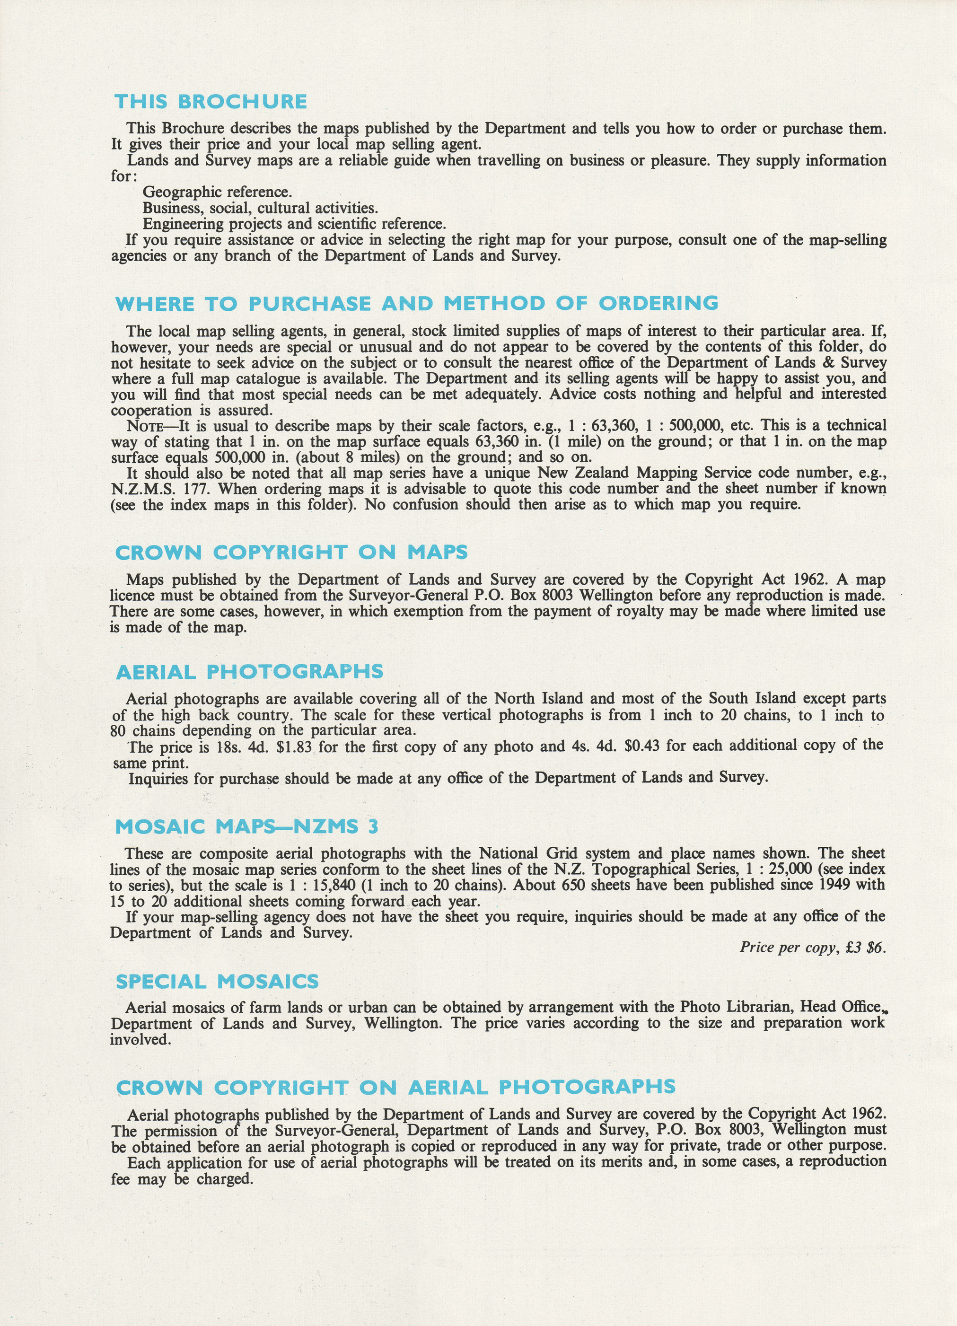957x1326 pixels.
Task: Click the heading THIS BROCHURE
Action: pos(211,102)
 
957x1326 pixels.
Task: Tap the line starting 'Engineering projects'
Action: pos(294,224)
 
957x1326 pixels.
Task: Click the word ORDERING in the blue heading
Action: pos(658,303)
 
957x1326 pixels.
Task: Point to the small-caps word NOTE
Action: pos(144,426)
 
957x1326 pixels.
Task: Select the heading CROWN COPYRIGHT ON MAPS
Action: pos(291,553)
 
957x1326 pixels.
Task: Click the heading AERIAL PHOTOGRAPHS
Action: pos(250,672)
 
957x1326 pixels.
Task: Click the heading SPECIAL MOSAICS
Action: pos(217,982)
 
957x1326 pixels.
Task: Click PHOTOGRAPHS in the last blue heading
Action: pos(587,1087)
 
